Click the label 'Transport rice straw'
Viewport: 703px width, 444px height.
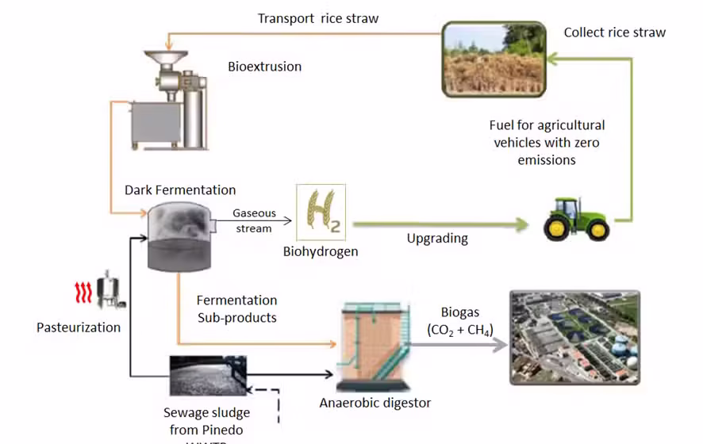pyautogui.click(x=318, y=18)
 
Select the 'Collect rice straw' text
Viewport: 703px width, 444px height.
pyautogui.click(x=614, y=33)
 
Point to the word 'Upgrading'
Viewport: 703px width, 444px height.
pyautogui.click(x=437, y=238)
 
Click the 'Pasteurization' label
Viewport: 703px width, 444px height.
pyautogui.click(x=79, y=327)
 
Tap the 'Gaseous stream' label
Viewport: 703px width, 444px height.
pyautogui.click(x=253, y=221)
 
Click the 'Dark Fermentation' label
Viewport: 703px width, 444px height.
pyautogui.click(x=180, y=190)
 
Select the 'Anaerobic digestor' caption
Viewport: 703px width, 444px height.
pyautogui.click(x=375, y=403)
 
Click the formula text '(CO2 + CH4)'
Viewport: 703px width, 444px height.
pyautogui.click(x=459, y=329)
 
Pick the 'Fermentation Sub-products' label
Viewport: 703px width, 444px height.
pyautogui.click(x=237, y=309)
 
